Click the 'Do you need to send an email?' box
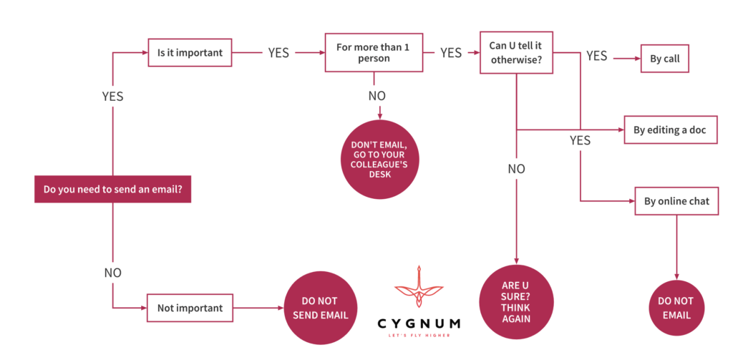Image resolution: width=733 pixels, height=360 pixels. click(112, 190)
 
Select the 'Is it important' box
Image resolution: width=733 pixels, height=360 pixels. click(190, 52)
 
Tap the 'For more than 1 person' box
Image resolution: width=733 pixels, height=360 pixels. click(373, 52)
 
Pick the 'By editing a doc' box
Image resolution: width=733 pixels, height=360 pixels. click(670, 130)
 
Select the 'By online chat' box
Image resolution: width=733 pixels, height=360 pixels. click(676, 201)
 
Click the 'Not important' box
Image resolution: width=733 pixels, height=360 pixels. click(190, 308)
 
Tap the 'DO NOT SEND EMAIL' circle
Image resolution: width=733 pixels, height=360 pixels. click(320, 308)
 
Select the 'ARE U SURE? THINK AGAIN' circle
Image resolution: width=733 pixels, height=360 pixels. click(516, 301)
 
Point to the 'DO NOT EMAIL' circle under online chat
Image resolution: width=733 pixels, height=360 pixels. click(676, 308)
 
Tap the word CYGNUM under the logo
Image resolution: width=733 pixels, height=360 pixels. click(419, 323)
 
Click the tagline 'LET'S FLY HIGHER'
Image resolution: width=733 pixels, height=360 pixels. click(419, 335)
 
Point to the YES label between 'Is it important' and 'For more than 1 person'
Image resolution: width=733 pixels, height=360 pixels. click(278, 52)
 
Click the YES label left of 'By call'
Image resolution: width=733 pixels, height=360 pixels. click(596, 56)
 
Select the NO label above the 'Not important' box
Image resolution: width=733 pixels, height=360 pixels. click(112, 273)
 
